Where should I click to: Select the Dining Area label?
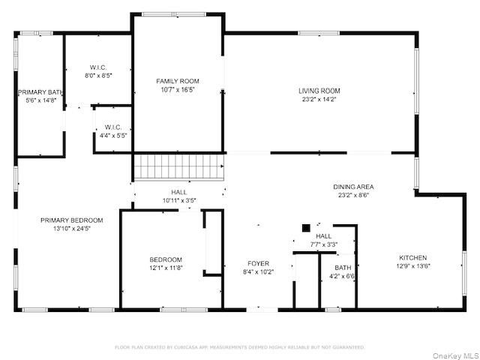click(353, 187)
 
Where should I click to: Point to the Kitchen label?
click(412, 256)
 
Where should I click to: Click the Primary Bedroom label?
click(71, 220)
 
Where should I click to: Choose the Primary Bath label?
click(40, 92)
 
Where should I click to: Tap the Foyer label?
click(259, 263)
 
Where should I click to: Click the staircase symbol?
click(178, 166)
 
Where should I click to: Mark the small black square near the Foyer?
click(305, 228)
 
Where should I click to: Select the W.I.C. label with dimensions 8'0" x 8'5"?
click(98, 67)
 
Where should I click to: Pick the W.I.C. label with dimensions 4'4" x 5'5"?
click(113, 127)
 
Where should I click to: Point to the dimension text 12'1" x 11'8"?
click(166, 268)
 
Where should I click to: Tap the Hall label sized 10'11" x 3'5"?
click(178, 192)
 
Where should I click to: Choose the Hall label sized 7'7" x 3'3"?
click(322, 236)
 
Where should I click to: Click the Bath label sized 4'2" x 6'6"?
click(343, 268)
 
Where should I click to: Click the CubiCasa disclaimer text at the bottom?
click(239, 347)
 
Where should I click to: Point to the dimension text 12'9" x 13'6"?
click(412, 265)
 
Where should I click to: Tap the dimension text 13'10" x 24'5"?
click(71, 228)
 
